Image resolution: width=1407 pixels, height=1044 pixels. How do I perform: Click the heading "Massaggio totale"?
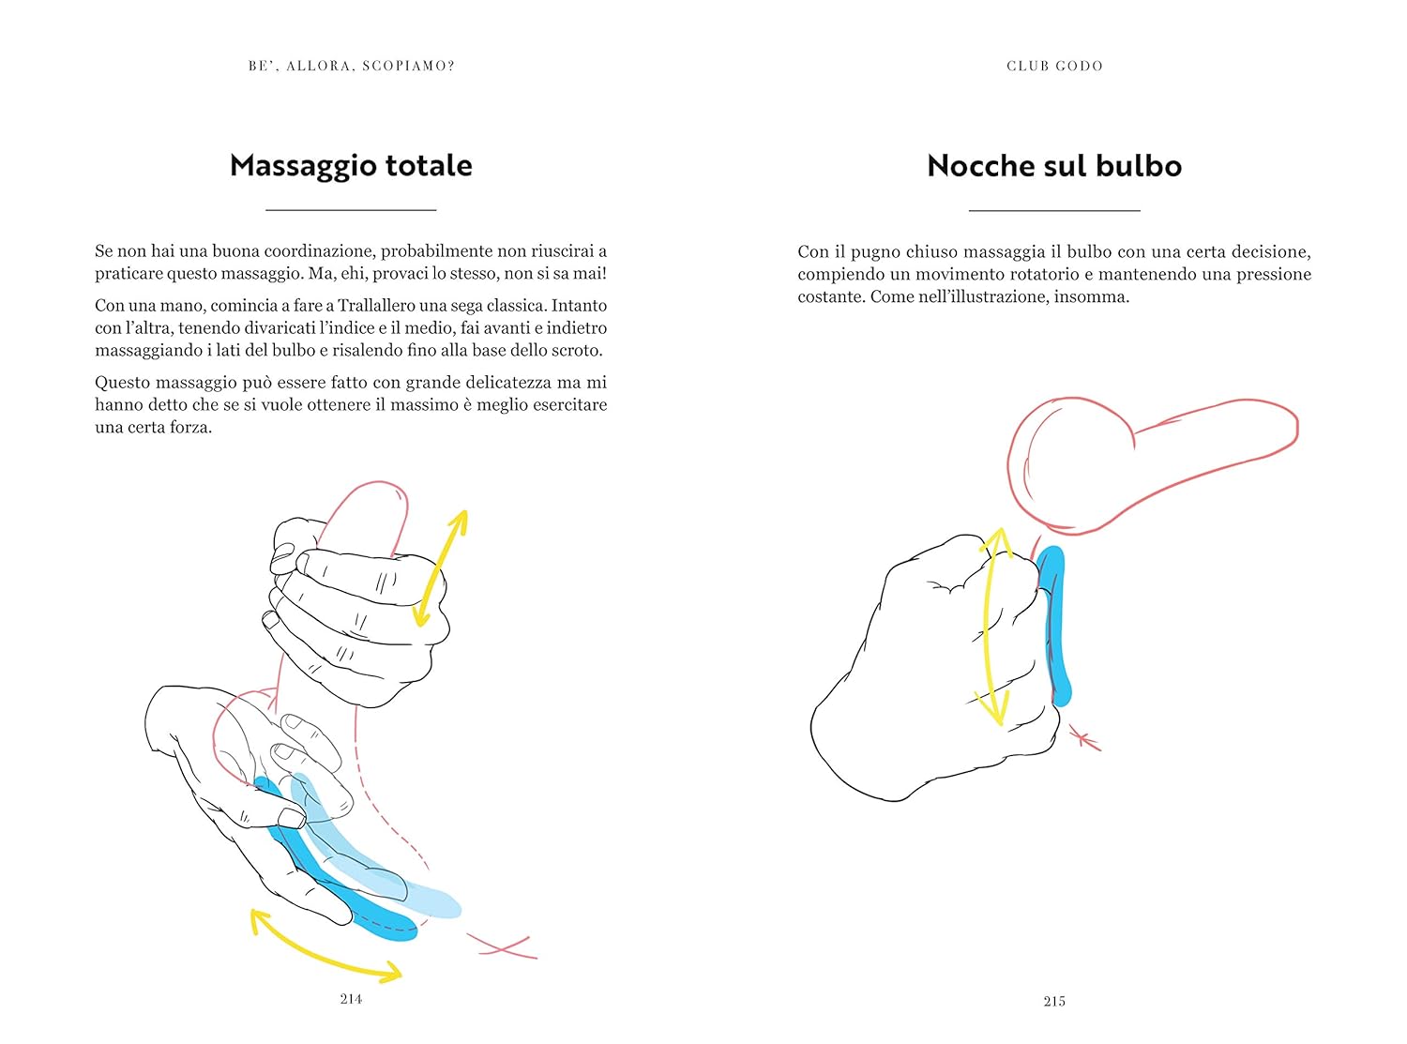351,166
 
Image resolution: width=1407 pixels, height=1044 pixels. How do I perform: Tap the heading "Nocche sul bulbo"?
1054,166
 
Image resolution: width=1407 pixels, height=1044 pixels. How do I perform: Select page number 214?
351,999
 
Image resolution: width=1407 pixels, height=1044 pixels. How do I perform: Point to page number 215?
1054,1001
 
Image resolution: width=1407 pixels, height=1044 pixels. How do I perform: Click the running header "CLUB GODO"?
1054,66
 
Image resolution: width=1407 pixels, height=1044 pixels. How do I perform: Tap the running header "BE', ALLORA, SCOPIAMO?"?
352,66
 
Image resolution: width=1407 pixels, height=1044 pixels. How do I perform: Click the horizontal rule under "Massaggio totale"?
351,209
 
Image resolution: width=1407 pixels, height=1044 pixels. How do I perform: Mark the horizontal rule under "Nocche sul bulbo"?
1054,210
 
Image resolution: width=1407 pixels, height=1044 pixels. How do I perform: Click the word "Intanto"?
579,305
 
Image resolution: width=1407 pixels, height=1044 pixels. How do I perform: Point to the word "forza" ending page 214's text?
189,427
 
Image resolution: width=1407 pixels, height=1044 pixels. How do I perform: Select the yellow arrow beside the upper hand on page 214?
440,568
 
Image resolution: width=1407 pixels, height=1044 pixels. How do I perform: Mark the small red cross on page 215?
1084,738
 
